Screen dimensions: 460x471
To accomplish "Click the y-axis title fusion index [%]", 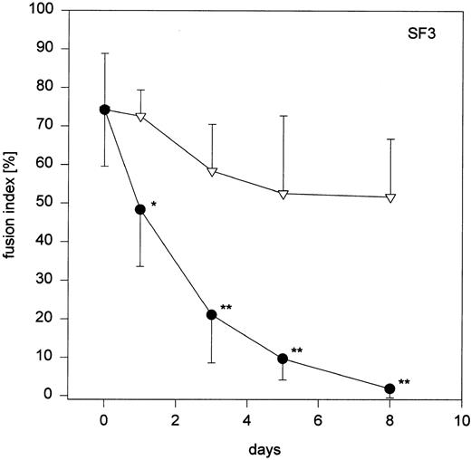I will click(x=14, y=205).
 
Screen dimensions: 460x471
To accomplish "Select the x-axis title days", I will click(x=264, y=449).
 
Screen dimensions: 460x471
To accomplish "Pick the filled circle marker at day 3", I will click(x=212, y=314).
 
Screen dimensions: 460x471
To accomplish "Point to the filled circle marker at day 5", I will click(x=283, y=359).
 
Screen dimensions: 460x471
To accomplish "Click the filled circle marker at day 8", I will click(x=389, y=388).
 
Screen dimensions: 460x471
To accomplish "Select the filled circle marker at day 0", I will click(x=105, y=110).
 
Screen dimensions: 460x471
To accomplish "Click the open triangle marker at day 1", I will click(x=140, y=118).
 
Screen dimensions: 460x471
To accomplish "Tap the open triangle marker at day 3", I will click(x=212, y=171).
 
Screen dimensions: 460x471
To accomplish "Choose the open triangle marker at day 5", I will click(x=283, y=194).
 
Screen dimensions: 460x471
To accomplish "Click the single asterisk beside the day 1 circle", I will click(x=154, y=206).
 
